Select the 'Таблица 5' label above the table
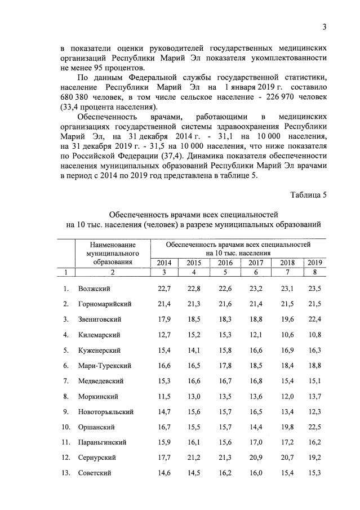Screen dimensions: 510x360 coord(308,195)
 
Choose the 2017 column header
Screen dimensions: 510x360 coord(256,263)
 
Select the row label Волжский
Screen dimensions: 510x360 coord(94,289)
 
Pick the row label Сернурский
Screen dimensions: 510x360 coord(99,458)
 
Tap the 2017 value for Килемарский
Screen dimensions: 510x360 coord(256,335)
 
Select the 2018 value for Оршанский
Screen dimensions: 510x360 coord(287,427)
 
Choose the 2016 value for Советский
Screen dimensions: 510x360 coord(225,473)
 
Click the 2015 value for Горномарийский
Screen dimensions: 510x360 coord(194,304)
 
